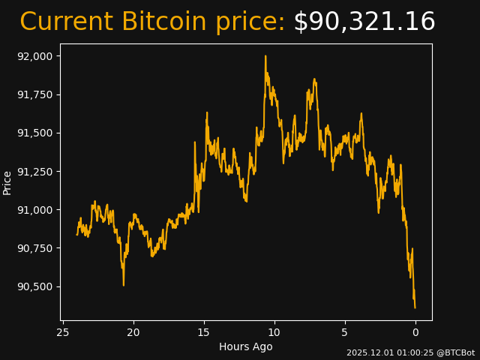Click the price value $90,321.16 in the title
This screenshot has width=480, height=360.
(x=364, y=22)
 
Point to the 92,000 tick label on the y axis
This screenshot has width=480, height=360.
(x=36, y=56)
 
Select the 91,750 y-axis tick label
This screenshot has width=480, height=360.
(x=36, y=94)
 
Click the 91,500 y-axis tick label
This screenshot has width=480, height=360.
(x=36, y=133)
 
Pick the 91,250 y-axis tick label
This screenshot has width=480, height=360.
(x=36, y=171)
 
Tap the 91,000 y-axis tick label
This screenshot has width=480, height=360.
(x=36, y=210)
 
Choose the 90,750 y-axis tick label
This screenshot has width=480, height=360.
(x=36, y=248)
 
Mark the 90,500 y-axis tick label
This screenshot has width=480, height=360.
(x=36, y=286)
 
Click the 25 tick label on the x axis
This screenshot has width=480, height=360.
(x=63, y=332)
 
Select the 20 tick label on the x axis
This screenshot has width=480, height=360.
(x=133, y=332)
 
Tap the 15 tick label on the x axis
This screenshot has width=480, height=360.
(x=204, y=332)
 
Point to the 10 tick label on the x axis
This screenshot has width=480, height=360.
(x=274, y=332)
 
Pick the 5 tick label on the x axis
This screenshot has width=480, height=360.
(x=345, y=332)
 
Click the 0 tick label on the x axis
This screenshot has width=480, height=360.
(x=415, y=332)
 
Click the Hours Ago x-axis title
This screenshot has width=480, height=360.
(x=246, y=346)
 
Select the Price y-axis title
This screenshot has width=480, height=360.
(x=7, y=182)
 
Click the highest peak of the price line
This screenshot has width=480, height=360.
(x=265, y=56)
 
